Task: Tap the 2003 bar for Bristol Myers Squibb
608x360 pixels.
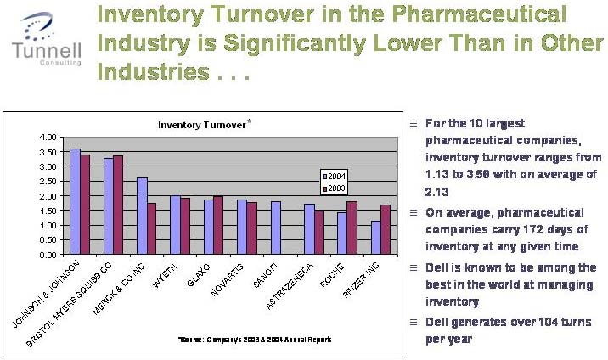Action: [x=118, y=205]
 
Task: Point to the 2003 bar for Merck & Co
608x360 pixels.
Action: [x=151, y=228]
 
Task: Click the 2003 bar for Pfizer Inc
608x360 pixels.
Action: [x=386, y=229]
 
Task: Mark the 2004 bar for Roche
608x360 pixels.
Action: [x=342, y=233]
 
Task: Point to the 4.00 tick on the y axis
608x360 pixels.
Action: [x=48, y=137]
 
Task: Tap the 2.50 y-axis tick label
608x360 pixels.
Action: [x=48, y=181]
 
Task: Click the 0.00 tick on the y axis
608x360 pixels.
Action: [x=48, y=255]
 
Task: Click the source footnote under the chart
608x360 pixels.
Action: [x=255, y=339]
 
